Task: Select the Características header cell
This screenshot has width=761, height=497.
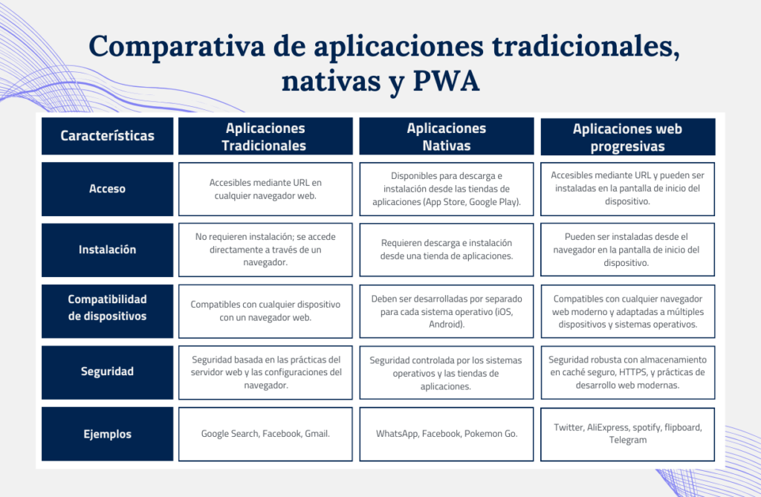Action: coord(107,136)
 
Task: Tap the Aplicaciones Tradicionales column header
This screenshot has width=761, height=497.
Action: coord(265,137)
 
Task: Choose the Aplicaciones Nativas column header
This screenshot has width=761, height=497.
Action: coord(447,137)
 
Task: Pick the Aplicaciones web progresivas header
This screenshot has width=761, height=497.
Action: coord(627,137)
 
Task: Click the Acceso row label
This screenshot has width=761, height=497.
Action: coord(107,189)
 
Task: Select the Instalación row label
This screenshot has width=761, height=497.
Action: coord(107,250)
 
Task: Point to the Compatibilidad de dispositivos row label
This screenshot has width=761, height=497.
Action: coord(107,311)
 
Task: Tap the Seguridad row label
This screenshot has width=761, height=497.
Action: coord(107,372)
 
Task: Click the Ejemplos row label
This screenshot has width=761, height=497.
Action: coord(107,434)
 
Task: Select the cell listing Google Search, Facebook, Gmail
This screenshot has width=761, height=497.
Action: coord(265,434)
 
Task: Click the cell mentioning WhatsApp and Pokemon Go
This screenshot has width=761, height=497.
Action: coord(447,434)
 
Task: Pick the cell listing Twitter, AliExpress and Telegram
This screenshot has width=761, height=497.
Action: coord(627,435)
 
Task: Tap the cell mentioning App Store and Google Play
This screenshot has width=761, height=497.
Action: coord(447,189)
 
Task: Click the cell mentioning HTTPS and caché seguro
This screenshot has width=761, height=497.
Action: coord(627,372)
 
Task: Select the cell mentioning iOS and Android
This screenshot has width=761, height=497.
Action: coord(447,311)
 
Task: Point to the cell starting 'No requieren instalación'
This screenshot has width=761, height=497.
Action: coord(265,250)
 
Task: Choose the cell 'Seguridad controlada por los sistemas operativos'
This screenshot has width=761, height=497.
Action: coord(447,372)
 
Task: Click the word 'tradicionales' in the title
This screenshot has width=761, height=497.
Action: coord(586,47)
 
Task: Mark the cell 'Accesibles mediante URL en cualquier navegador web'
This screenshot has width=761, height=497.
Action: coord(265,189)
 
